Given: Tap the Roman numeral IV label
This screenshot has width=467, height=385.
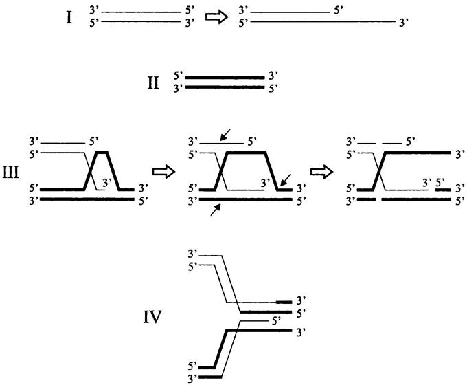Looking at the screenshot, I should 152,318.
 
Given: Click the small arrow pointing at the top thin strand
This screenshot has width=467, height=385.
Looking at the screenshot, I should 225,135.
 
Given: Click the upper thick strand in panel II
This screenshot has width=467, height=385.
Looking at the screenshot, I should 225,77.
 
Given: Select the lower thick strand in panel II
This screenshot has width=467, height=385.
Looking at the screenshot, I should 225,88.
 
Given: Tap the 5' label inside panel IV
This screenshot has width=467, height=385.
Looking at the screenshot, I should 276,320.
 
